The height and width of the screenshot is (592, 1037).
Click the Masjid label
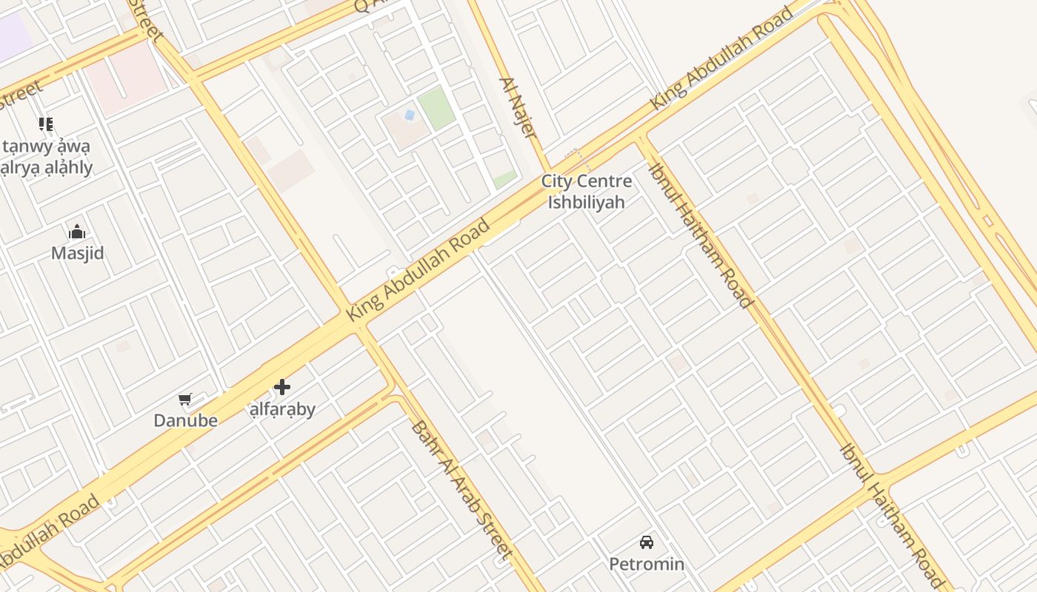click(77, 253)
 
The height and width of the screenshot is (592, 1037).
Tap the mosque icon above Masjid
click(77, 232)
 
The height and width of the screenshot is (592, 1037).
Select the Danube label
click(185, 420)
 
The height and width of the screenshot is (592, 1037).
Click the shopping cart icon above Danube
click(185, 400)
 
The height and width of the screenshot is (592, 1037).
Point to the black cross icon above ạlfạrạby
click(281, 387)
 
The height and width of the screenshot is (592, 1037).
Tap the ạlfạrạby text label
click(282, 408)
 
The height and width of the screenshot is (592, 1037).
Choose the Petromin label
click(647, 564)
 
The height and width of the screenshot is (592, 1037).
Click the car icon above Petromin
click(647, 542)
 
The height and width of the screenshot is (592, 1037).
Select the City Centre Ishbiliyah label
click(587, 192)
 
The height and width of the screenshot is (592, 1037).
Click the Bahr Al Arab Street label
click(462, 490)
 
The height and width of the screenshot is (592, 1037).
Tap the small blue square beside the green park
click(409, 115)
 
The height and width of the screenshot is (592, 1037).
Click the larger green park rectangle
click(436, 108)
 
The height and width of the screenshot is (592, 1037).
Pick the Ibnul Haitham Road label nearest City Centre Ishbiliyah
click(701, 235)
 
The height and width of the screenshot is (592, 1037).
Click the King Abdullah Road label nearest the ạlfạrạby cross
click(419, 271)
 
